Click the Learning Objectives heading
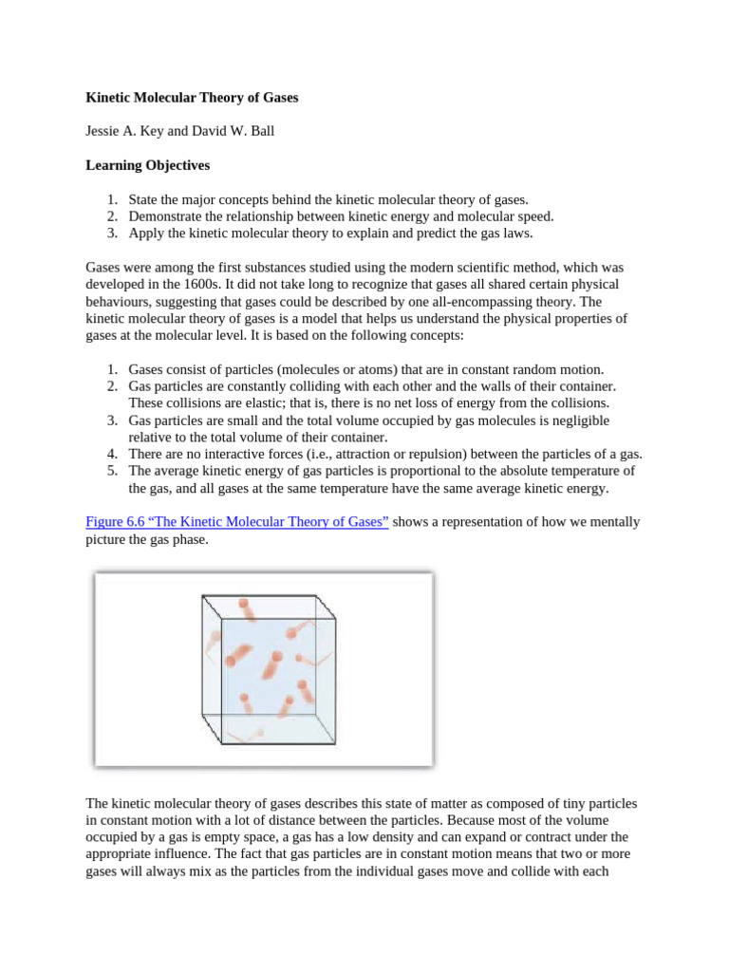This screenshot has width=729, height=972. click(x=147, y=165)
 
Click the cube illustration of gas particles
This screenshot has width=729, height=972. click(x=264, y=668)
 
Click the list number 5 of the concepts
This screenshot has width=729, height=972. click(x=111, y=471)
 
